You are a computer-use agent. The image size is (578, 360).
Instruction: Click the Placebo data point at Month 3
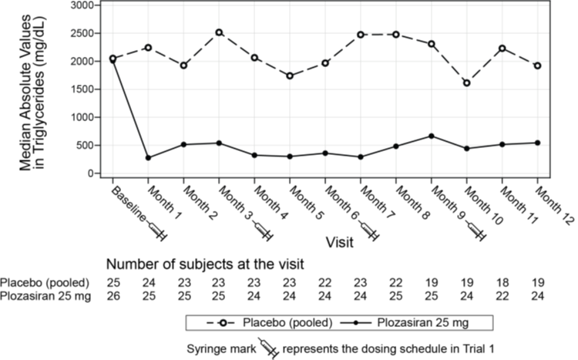click(219, 32)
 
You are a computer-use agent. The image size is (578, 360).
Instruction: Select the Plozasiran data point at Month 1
click(148, 157)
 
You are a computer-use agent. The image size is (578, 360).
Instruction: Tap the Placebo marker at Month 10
click(466, 82)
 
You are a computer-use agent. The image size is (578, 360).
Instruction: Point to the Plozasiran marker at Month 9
click(431, 136)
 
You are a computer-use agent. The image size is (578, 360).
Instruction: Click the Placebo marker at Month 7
click(361, 34)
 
